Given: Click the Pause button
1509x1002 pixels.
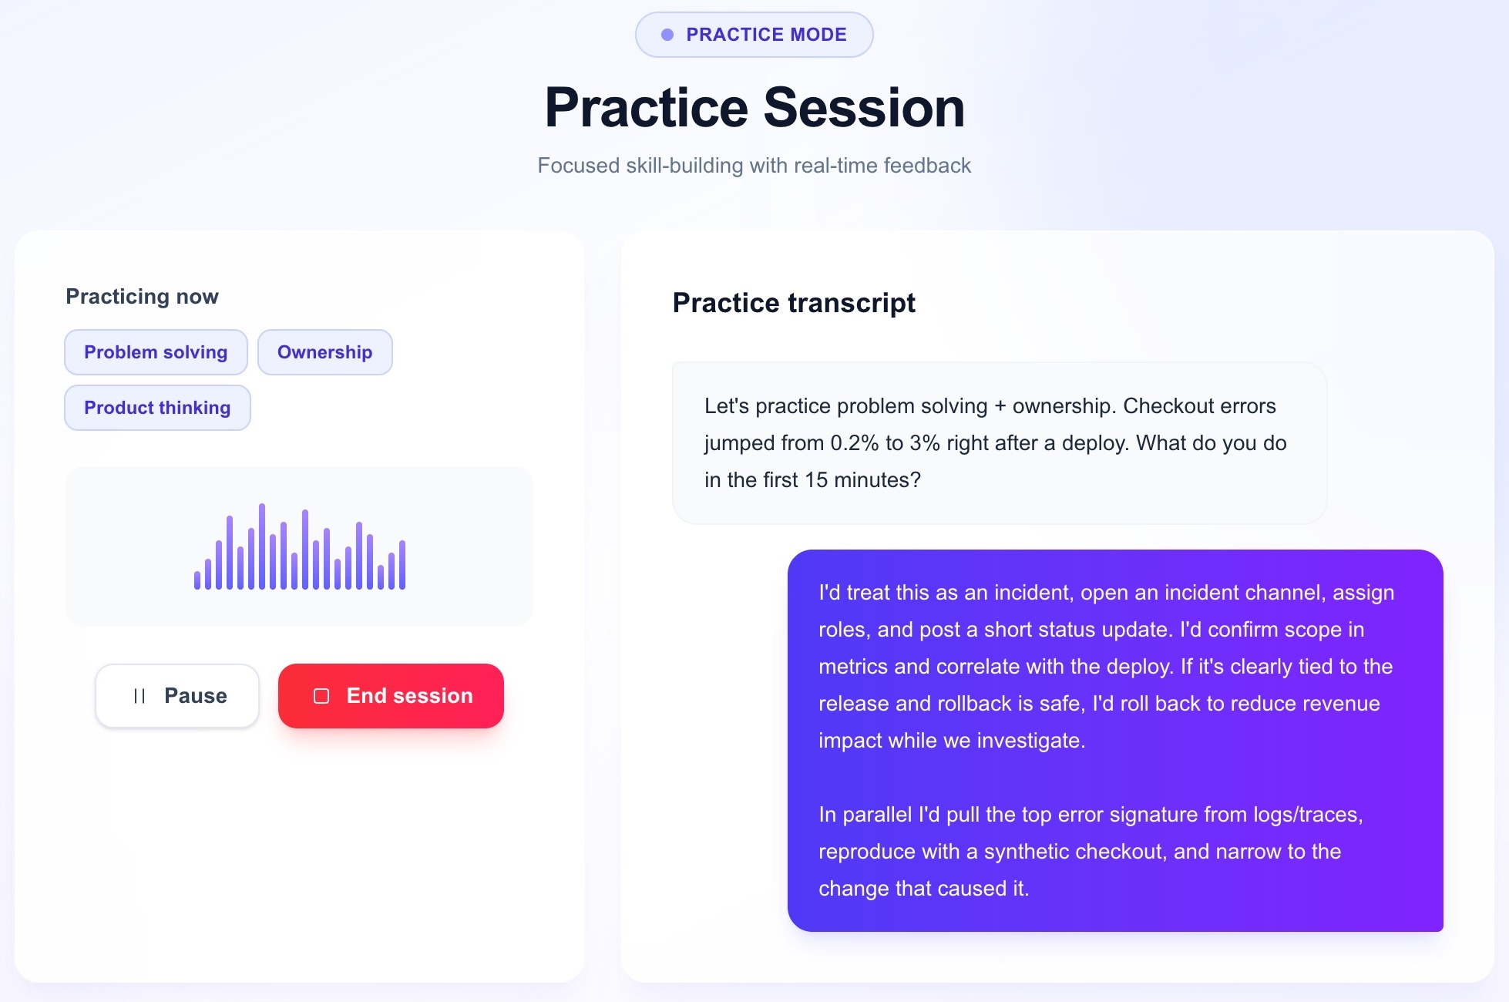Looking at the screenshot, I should click(x=177, y=696).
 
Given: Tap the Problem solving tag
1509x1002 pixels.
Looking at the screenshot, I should click(x=156, y=352).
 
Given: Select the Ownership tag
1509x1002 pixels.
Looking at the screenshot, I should click(x=324, y=352).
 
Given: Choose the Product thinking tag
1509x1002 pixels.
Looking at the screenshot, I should click(x=157, y=408).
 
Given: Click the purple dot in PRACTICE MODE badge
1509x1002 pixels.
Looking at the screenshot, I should click(x=667, y=35).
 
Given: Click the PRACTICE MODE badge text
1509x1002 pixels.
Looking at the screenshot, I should click(x=766, y=35).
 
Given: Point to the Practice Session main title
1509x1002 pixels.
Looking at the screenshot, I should click(x=754, y=108).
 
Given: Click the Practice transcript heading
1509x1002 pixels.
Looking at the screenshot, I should click(x=794, y=303).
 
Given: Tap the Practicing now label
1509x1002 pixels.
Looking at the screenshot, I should click(x=142, y=297).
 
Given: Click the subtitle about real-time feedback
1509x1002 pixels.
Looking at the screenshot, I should click(x=754, y=166).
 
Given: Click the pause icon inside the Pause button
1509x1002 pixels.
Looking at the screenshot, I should click(x=139, y=696).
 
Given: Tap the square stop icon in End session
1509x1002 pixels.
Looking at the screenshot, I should click(x=321, y=696).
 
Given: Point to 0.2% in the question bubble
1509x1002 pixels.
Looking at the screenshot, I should click(x=854, y=443).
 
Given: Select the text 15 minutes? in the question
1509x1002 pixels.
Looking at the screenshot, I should click(x=862, y=480).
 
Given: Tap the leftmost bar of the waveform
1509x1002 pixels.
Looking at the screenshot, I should click(x=197, y=580).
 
